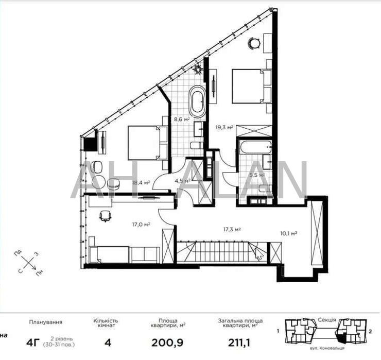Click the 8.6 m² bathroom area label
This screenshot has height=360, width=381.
tap(181, 119)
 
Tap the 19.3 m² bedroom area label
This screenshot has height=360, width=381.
tap(224, 126)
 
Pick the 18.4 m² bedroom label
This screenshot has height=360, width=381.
tap(141, 182)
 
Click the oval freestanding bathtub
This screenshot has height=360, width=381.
tap(197, 101)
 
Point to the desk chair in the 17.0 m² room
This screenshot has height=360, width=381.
tap(105, 216)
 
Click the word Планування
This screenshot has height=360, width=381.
tap(46, 322)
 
